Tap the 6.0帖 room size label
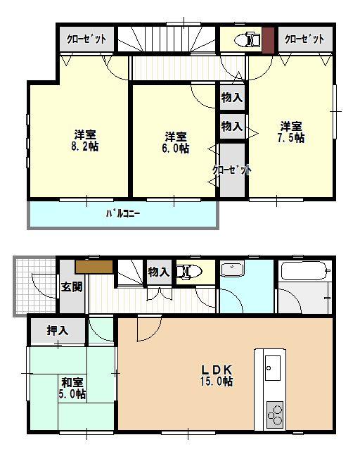[176, 142]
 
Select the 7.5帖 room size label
[291, 132]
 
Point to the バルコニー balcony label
[122, 212]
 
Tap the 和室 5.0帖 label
[72, 389]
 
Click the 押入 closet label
[58, 330]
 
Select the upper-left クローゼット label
[86, 39]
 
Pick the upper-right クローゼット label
[304, 39]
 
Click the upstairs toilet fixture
[244, 39]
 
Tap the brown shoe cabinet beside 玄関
[94, 267]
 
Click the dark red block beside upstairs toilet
[268, 39]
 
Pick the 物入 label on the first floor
[159, 272]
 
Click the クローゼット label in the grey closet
[232, 170]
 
